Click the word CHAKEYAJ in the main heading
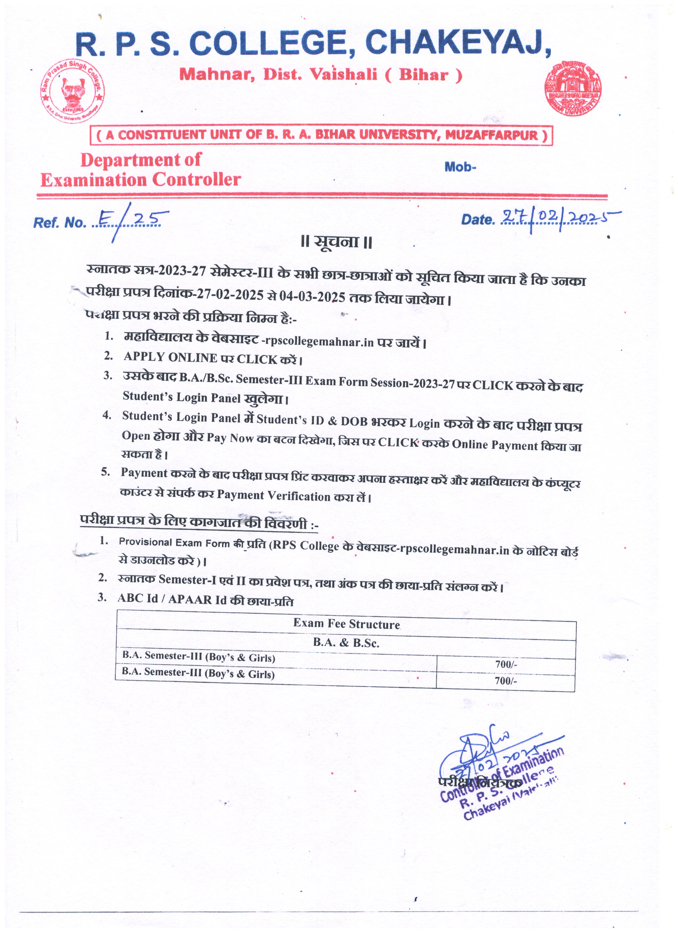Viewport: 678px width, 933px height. coord(458,44)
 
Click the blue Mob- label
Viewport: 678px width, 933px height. coord(460,167)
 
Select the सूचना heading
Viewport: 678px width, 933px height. coord(336,242)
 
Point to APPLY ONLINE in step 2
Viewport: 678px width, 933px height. coord(170,357)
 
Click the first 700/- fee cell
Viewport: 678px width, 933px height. coord(506,664)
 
